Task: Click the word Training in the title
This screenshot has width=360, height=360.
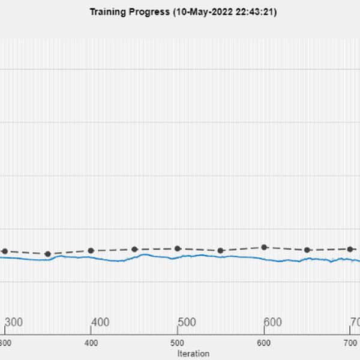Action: tap(105, 11)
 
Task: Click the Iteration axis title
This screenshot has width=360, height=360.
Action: tap(193, 353)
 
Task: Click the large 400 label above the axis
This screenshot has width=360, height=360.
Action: tap(101, 322)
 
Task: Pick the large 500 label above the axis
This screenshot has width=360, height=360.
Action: tap(187, 322)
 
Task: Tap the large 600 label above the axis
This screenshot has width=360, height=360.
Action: tap(274, 322)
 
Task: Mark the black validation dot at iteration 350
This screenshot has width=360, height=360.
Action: tap(48, 254)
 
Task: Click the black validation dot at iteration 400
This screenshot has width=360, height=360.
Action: tap(91, 250)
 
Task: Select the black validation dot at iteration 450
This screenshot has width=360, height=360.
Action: tap(134, 249)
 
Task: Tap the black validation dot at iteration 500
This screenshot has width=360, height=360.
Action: tap(178, 248)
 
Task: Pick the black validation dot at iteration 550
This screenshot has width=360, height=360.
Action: tap(221, 250)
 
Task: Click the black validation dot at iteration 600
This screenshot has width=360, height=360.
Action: tap(264, 247)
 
